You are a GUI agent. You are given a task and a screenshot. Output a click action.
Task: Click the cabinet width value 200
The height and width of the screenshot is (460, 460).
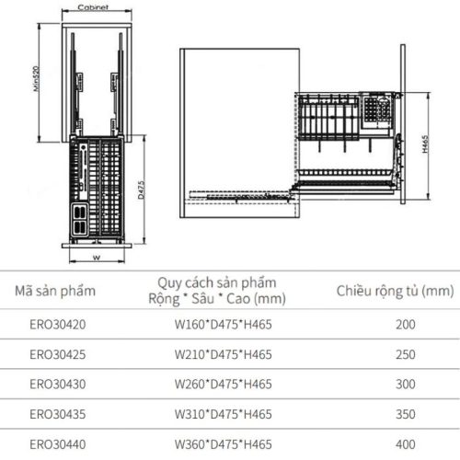(x=405, y=325)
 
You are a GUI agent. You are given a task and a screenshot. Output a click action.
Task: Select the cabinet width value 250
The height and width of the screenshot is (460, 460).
(x=405, y=354)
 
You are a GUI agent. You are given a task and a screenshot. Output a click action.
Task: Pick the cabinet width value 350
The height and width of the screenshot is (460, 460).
(x=405, y=413)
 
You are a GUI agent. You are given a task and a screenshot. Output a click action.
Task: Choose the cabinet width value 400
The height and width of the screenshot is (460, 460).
(x=405, y=443)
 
